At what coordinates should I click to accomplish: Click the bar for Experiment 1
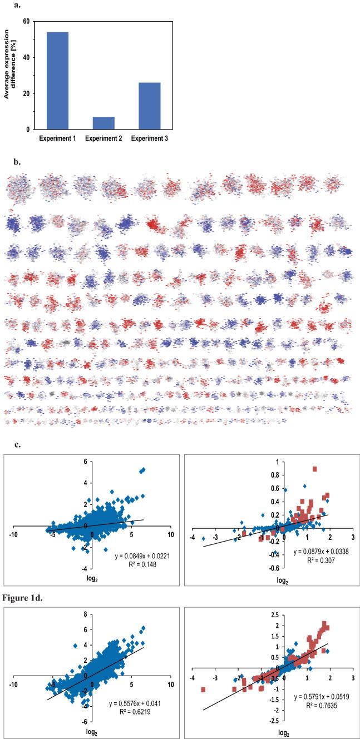[x=53, y=81]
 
